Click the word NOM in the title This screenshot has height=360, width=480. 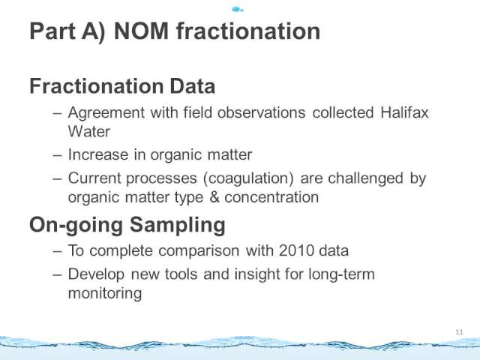(141, 31)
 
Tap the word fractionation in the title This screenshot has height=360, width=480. (248, 31)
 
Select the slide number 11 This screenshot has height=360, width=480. (459, 332)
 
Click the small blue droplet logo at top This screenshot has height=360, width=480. (238, 10)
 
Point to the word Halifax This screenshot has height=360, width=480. (404, 112)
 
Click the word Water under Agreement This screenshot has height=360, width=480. (89, 132)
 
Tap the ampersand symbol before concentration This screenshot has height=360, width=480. (214, 196)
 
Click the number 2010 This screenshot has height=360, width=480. (296, 250)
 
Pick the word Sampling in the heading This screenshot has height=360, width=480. (178, 225)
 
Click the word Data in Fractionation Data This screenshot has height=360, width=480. (193, 86)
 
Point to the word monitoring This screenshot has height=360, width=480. (105, 293)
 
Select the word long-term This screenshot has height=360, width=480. (341, 274)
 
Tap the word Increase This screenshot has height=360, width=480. (98, 154)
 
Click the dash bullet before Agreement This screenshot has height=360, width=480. (57, 113)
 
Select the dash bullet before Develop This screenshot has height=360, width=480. (57, 275)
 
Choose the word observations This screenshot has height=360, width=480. (262, 112)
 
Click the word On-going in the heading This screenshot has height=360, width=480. (76, 225)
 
